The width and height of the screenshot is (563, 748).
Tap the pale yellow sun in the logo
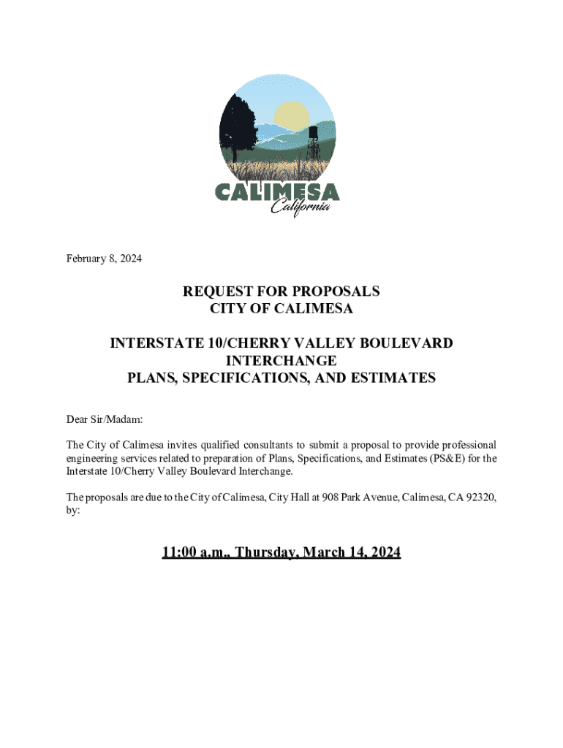(x=292, y=117)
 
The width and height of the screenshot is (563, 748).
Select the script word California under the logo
(x=300, y=207)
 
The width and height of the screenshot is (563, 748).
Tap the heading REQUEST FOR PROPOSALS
(x=281, y=291)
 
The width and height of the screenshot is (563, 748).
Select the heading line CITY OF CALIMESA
(x=281, y=309)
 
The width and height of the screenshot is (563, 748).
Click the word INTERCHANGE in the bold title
(x=281, y=360)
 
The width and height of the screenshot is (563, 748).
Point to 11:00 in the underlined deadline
(x=180, y=552)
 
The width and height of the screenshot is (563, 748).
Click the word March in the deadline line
(x=320, y=552)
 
